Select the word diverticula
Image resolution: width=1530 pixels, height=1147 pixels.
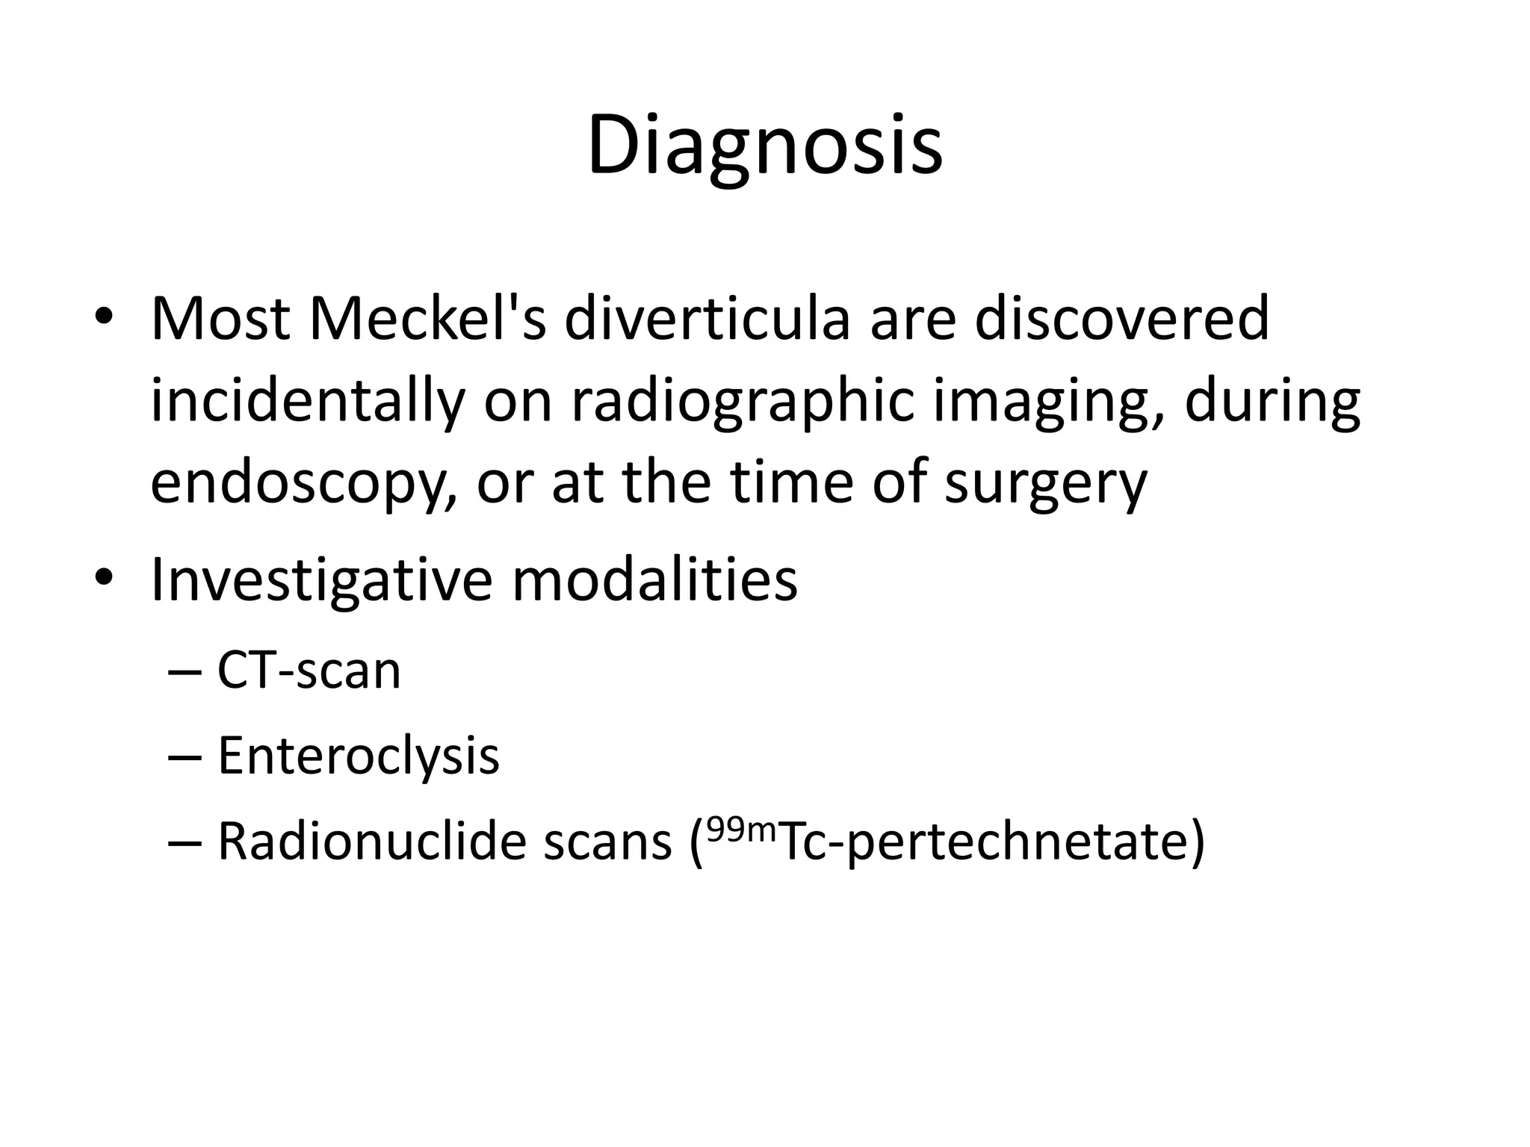pos(706,318)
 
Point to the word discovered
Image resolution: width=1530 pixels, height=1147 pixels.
pos(1121,318)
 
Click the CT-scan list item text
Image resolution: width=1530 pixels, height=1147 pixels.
pos(309,670)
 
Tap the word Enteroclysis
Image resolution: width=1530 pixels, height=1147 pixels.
pos(358,756)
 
